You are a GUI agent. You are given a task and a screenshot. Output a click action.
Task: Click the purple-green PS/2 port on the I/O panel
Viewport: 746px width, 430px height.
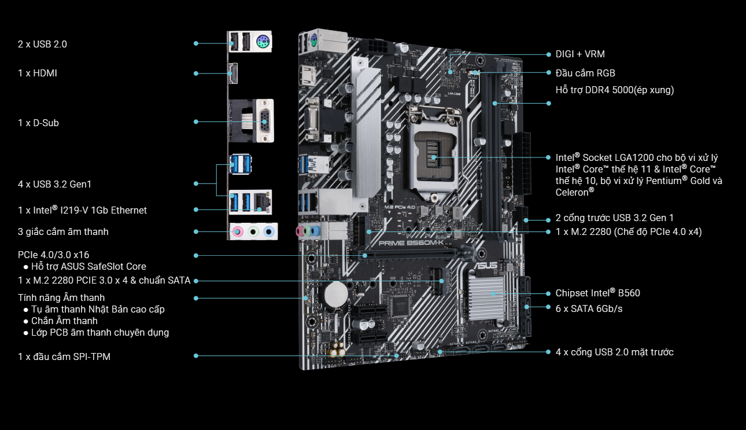pyautogui.click(x=263, y=42)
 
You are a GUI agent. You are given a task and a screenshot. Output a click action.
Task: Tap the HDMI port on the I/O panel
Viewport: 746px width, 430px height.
pyautogui.click(x=233, y=73)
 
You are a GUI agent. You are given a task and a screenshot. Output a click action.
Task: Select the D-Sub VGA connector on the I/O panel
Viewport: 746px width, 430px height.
pyautogui.click(x=264, y=121)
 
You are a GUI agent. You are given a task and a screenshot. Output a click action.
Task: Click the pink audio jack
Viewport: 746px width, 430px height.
pyautogui.click(x=237, y=231)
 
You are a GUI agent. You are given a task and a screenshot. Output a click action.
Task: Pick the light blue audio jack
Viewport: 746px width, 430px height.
pyautogui.click(x=269, y=231)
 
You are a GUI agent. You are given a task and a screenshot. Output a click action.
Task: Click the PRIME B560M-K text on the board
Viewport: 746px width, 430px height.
pyautogui.click(x=411, y=243)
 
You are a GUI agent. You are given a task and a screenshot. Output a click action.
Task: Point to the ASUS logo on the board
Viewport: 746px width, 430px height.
pyautogui.click(x=485, y=265)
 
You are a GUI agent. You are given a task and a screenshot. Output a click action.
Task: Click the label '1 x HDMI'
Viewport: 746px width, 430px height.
pyautogui.click(x=37, y=73)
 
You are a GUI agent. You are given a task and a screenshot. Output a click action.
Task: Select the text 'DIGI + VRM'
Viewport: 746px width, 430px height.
pyautogui.click(x=580, y=54)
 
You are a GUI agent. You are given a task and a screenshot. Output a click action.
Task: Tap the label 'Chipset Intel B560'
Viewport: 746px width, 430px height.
pyautogui.click(x=597, y=293)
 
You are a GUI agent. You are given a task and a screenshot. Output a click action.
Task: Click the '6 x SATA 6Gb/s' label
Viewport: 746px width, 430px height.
pyautogui.click(x=589, y=308)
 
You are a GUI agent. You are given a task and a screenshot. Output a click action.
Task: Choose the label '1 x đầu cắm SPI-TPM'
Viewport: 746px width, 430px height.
pyautogui.click(x=64, y=357)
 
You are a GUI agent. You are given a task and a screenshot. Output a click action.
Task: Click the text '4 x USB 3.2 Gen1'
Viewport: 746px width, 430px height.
pyautogui.click(x=54, y=184)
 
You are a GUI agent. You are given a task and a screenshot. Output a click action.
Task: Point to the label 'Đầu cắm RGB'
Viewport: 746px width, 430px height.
pyautogui.click(x=585, y=73)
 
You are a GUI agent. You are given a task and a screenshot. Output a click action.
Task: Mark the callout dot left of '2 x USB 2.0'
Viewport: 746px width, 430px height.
pyautogui.click(x=196, y=43)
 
